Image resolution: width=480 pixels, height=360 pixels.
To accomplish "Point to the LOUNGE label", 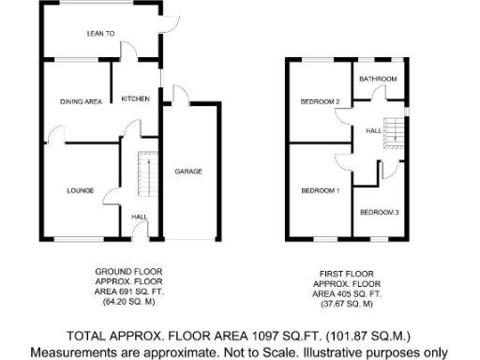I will pos(79,189).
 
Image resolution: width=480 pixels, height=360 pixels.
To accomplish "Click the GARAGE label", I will pos(188,172).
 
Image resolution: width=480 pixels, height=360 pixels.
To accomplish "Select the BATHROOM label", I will pos(380,79).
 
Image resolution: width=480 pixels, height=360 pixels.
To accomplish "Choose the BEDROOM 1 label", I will pos(319,190).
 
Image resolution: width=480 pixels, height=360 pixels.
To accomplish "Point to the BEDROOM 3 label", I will pos(380,213).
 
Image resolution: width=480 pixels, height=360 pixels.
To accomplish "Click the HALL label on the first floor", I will pos(371,130).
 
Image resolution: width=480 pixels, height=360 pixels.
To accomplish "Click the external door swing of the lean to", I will pos(171,16).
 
